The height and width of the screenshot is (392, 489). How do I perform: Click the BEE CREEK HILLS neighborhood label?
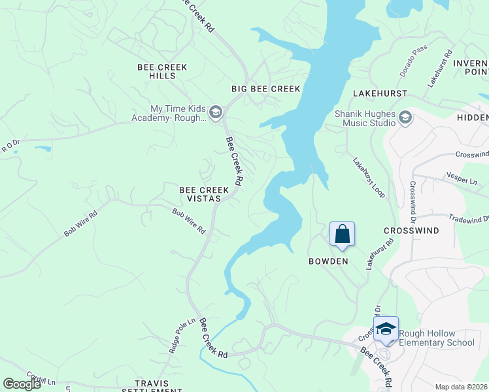coord(162,72)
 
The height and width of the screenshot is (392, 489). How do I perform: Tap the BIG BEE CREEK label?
coord(266,89)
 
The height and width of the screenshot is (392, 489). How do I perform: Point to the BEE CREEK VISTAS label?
coord(205,194)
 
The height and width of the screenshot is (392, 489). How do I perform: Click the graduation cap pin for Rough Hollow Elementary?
coord(386,328)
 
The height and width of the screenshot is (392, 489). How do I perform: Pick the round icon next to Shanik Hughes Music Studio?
coord(405,118)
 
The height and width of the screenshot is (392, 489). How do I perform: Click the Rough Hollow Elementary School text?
coord(437,338)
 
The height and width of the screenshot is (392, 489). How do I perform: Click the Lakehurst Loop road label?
coord(369,178)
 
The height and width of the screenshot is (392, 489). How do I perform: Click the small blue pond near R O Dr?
coord(42,149)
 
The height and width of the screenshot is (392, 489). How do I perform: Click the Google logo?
coord(22,384)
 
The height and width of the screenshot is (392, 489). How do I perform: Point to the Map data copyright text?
coord(462,387)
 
